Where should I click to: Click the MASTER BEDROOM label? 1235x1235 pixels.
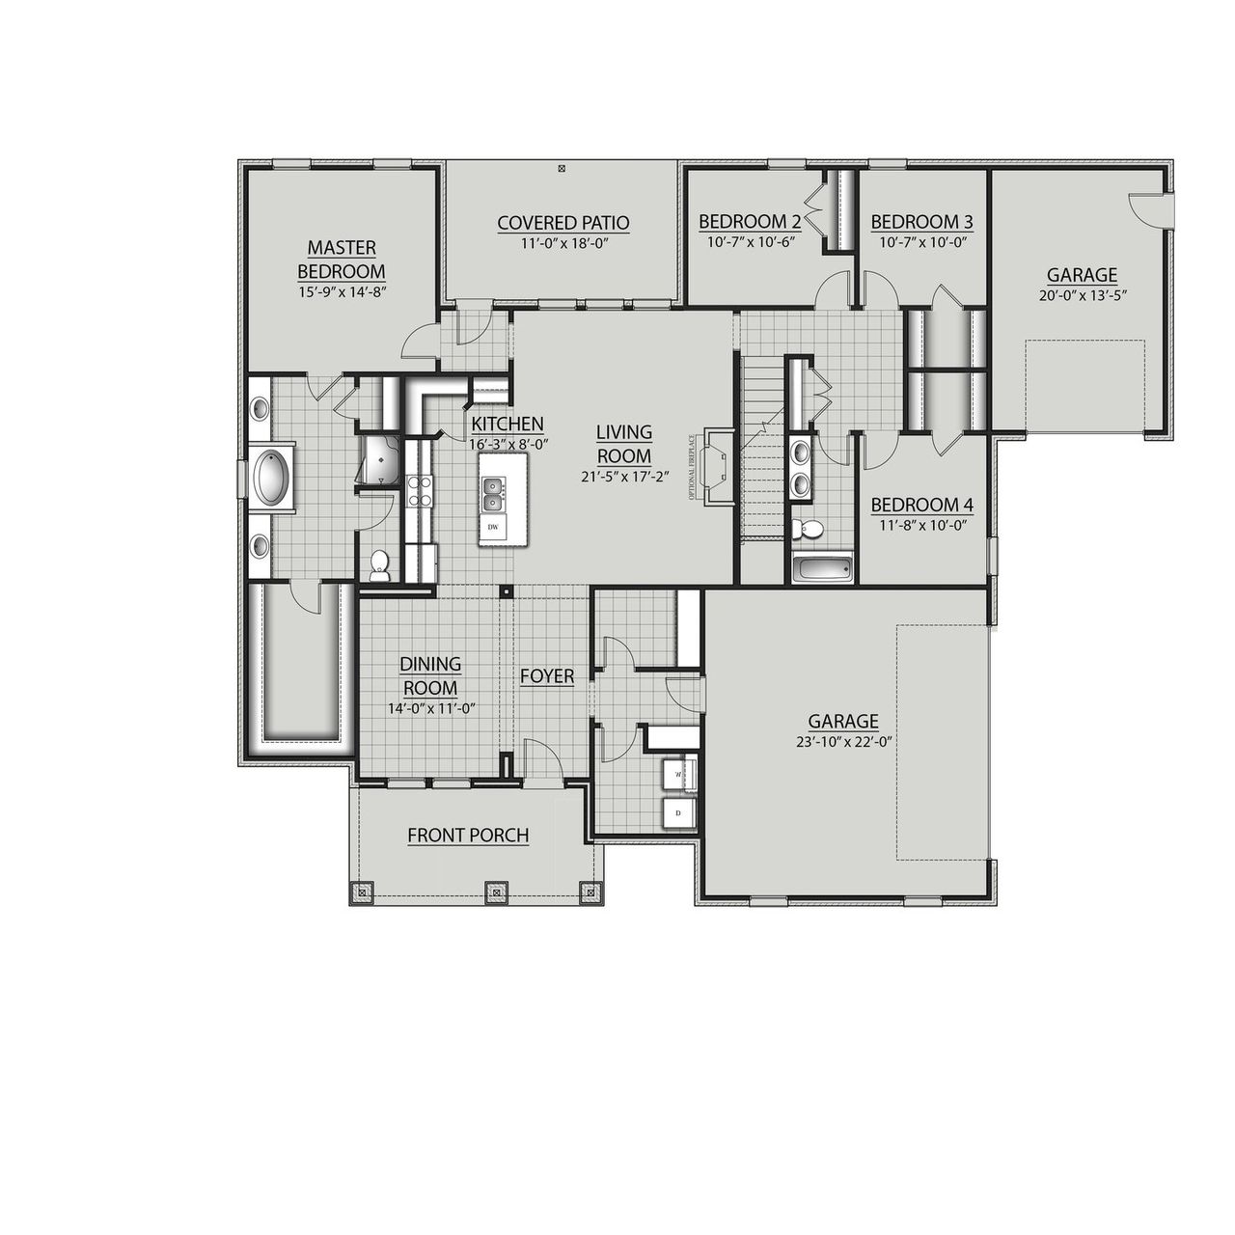pos(342,260)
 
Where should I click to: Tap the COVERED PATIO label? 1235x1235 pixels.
pos(563,223)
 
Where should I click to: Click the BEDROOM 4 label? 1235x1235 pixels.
pos(921,506)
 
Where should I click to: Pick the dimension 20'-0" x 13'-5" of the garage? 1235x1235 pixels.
pos(1082,295)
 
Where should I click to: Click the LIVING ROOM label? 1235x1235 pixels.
pos(623,444)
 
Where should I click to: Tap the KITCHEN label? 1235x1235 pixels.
pos(508,424)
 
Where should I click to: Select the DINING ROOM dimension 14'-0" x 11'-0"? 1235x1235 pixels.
pos(430,708)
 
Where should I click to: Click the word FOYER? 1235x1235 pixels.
pos(547,676)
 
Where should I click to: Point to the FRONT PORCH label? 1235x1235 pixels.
pos(468,836)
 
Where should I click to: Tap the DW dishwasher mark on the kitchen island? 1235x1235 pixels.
pos(493,527)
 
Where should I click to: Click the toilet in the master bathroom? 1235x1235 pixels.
pos(379,564)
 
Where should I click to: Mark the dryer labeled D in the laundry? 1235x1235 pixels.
pos(678,813)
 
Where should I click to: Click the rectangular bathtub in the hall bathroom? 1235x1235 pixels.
pos(822,569)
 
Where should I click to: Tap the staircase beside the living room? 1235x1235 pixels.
pos(761,449)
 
